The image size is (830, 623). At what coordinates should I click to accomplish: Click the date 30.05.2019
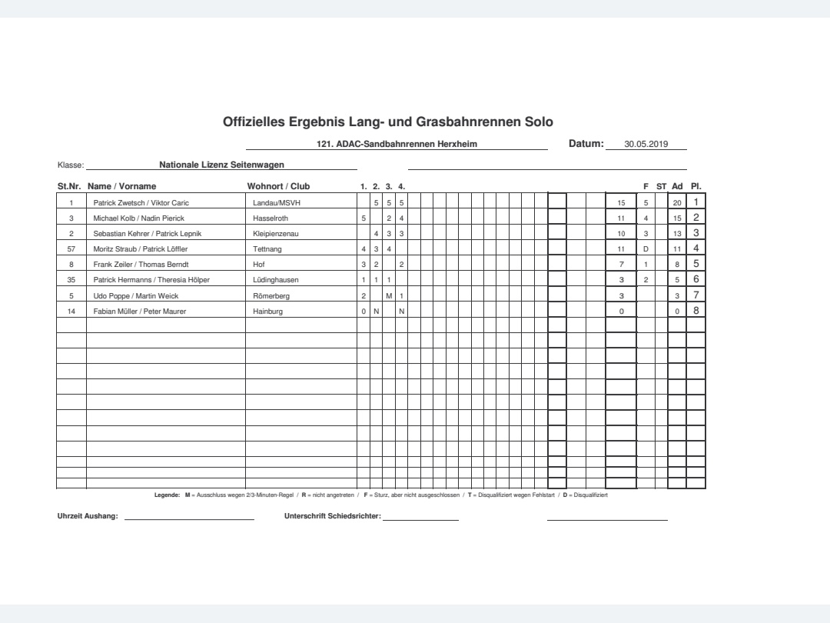point(646,144)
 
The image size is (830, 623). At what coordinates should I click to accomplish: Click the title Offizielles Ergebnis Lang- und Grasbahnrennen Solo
point(387,122)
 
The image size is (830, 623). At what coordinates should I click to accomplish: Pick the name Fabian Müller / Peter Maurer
point(134,311)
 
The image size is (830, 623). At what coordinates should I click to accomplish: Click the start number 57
point(71,249)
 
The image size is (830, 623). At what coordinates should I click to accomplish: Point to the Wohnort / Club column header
point(278,186)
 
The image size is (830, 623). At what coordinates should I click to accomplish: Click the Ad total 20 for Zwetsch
point(677,203)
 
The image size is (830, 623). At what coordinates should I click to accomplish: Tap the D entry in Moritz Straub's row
point(646,249)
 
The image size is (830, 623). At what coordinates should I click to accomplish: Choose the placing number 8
point(696,310)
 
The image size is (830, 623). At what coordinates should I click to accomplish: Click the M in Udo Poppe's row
point(389,295)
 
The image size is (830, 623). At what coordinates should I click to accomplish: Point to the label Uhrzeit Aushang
point(88,516)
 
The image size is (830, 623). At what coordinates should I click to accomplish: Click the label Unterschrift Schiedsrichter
point(332,516)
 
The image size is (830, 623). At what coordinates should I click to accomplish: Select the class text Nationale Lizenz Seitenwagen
point(221,164)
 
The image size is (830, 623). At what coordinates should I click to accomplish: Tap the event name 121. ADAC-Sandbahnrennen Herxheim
point(397,144)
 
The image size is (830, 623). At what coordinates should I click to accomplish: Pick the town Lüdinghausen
point(276,280)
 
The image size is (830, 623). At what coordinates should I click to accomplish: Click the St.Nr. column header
point(70,186)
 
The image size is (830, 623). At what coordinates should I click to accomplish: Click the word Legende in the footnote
point(167,495)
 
